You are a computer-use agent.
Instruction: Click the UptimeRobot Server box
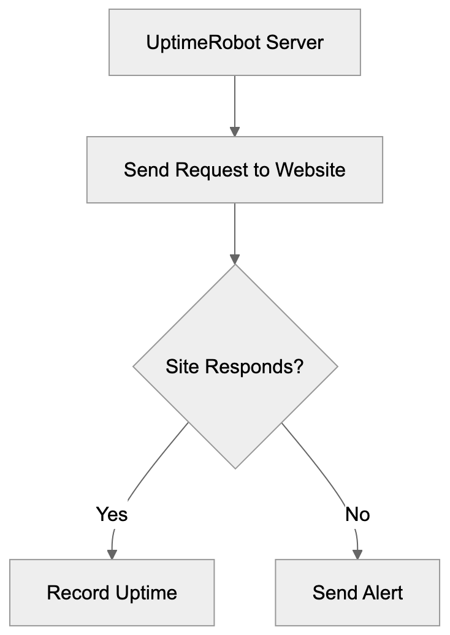pos(234,42)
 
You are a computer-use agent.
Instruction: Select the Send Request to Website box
pos(234,169)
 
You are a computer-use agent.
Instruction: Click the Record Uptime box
pos(112,592)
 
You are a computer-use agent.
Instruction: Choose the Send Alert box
pos(357,592)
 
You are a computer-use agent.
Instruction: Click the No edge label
pos(357,514)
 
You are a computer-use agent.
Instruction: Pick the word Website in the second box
pos(310,169)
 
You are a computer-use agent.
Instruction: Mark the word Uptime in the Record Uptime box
pos(147,593)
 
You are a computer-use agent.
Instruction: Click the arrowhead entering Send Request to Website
pos(234,131)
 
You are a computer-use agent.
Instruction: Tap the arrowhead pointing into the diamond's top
pos(234,259)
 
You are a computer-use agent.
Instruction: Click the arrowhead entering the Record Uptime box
pos(112,553)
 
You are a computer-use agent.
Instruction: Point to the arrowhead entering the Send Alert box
pos(357,553)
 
